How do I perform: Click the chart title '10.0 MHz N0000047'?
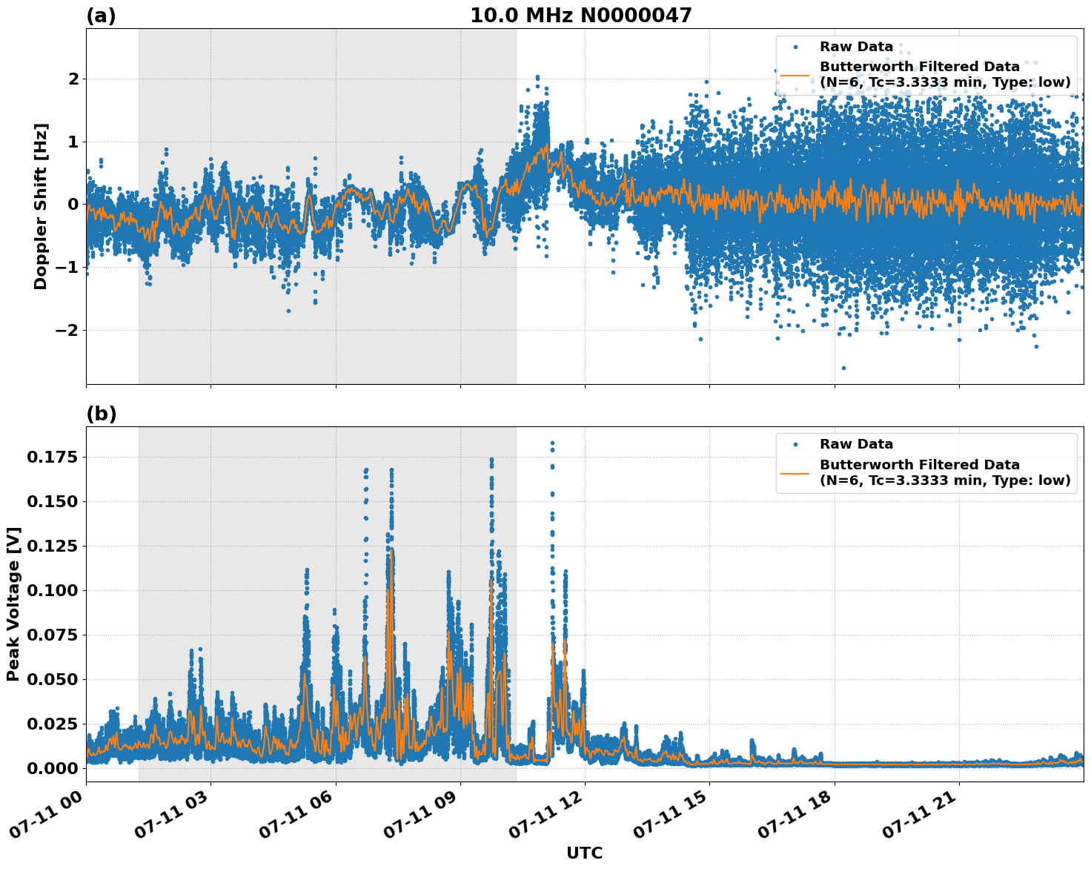[581, 16]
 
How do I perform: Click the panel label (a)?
[101, 16]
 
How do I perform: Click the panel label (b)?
[101, 414]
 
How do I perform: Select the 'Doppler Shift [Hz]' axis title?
[41, 206]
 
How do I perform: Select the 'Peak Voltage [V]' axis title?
[13, 604]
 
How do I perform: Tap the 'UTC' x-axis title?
[584, 853]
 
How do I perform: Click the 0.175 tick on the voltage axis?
[51, 457]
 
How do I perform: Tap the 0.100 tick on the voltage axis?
[51, 591]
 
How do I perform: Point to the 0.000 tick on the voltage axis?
[51, 768]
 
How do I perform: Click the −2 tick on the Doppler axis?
[67, 330]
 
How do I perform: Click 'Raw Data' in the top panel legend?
[856, 47]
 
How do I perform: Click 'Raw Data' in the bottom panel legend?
[856, 444]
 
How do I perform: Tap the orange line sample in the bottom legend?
[795, 472]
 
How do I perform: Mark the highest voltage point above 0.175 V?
[552, 443]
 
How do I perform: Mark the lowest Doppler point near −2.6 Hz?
[843, 368]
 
